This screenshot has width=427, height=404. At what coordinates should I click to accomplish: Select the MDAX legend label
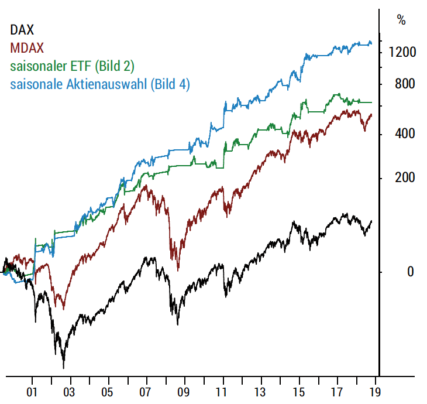point(27,47)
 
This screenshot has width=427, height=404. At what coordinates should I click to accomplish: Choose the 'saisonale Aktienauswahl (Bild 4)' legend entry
point(100,84)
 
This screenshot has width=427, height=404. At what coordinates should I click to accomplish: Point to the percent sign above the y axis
point(401,20)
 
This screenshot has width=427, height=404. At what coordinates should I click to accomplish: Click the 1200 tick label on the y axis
point(402,53)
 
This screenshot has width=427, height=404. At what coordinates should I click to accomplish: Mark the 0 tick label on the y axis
point(394,272)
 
